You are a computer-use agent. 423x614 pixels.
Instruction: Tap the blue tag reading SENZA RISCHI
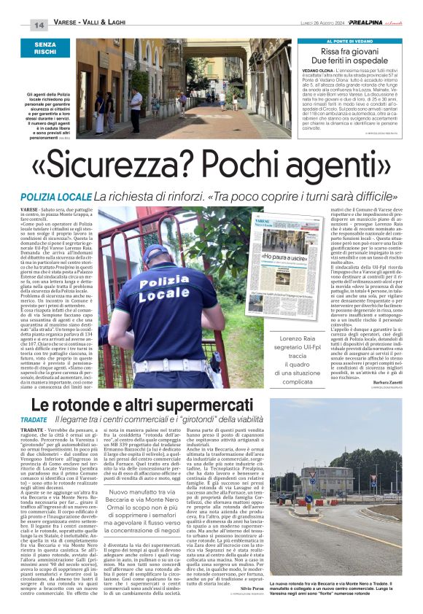[x=44, y=49]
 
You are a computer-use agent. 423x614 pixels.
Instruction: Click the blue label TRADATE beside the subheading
[x=34, y=420]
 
